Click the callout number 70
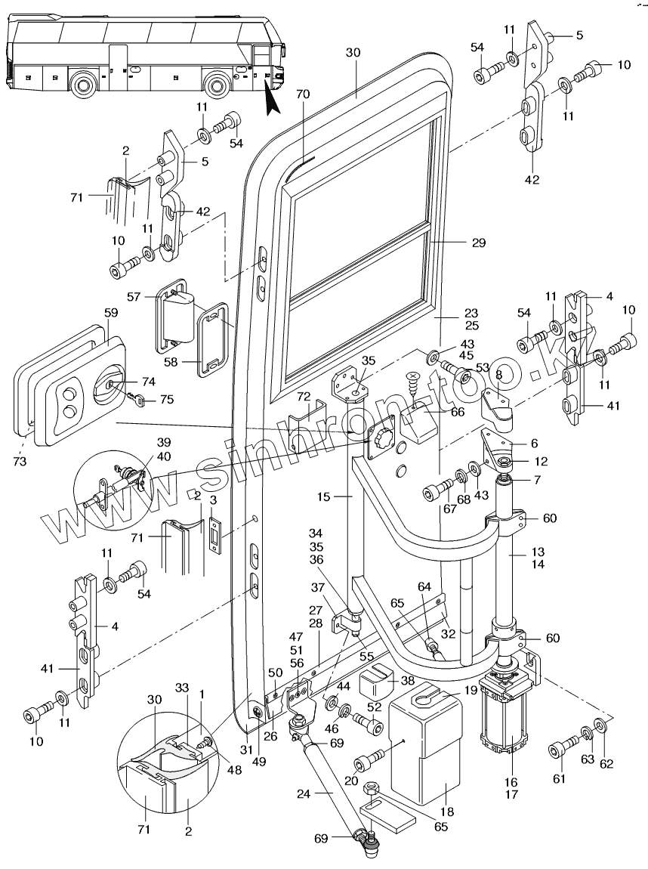(x=303, y=96)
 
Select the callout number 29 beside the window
(x=477, y=243)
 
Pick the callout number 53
(x=483, y=366)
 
